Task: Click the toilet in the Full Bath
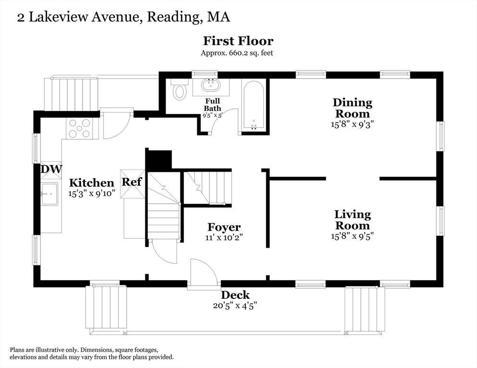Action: click(180, 90)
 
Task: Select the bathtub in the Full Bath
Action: click(253, 105)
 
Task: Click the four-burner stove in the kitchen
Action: click(79, 128)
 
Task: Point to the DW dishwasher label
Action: click(51, 169)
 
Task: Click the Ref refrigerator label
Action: click(131, 182)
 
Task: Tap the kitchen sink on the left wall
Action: click(49, 194)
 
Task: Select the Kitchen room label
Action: click(92, 183)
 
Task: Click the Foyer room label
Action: click(224, 227)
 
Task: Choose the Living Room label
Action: click(353, 220)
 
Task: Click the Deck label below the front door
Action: click(235, 295)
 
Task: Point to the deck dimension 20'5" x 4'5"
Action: click(235, 306)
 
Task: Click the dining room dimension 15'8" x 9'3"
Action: click(353, 124)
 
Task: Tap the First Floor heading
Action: click(238, 41)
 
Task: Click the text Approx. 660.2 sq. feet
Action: click(237, 53)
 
